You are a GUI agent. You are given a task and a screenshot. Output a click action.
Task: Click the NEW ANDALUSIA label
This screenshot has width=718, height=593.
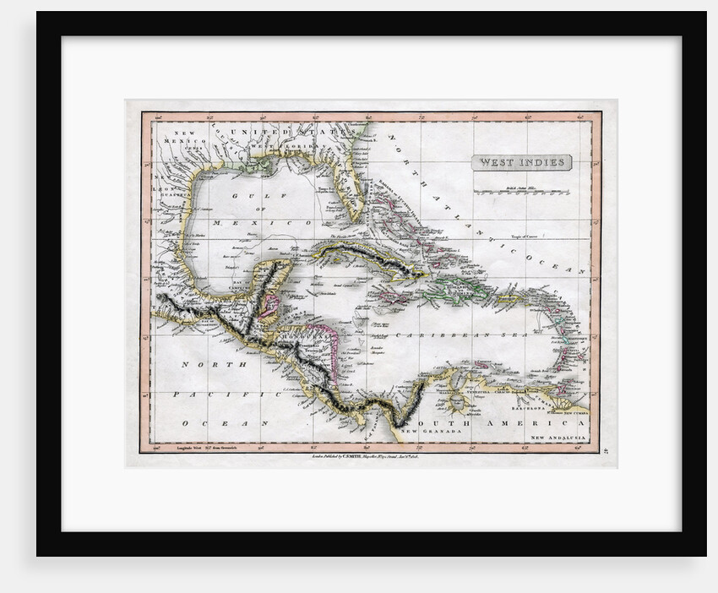(558, 437)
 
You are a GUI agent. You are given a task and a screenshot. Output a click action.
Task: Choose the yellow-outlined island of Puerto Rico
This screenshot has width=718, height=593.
(512, 296)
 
